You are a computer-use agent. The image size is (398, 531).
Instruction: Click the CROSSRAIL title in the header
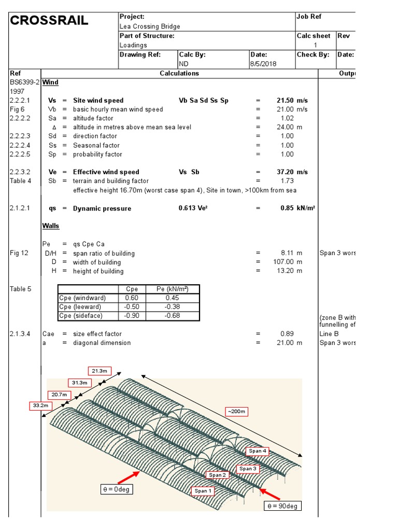[49, 21]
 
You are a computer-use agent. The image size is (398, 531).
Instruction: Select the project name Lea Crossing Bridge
[150, 26]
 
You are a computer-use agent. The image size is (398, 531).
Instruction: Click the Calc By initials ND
[183, 64]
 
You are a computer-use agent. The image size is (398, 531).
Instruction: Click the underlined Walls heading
[50, 226]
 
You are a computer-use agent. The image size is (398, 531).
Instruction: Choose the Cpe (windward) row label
[82, 298]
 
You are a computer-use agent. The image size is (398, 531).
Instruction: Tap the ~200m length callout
[235, 412]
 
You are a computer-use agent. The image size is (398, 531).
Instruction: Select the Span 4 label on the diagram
[258, 451]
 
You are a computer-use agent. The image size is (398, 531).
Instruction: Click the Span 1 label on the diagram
[203, 491]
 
